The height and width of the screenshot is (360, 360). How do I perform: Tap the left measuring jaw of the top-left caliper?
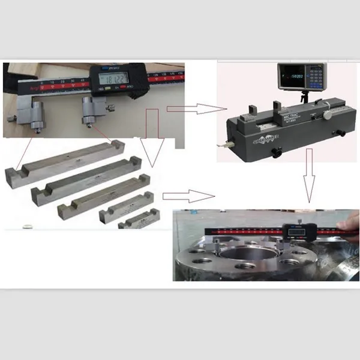click(x=36, y=113)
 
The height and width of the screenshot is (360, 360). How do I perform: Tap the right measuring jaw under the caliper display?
click(x=89, y=110)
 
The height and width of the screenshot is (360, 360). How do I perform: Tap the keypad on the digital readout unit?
click(x=314, y=77)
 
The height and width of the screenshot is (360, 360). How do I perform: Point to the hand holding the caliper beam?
click(x=352, y=223)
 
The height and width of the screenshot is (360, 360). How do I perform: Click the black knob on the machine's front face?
click(x=276, y=152)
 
